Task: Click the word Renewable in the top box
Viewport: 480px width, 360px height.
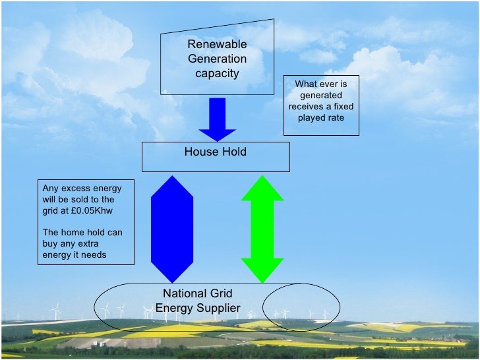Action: coord(217,44)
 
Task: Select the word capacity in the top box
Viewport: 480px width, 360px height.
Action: coord(217,73)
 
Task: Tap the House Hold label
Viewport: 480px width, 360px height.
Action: coord(216,152)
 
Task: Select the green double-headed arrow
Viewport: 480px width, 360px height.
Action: coord(262,229)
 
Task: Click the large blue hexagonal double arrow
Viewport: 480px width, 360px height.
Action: coord(172,229)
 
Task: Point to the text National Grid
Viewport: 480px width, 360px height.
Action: coord(198,293)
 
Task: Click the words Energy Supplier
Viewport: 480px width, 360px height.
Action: coord(198,308)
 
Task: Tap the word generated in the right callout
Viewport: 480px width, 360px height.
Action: coord(321,95)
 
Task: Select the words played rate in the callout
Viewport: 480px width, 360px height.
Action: coord(321,117)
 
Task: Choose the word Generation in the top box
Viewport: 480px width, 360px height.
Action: coord(217,59)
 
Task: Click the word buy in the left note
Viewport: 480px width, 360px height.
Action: coord(51,243)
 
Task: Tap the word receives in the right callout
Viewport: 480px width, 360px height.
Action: coord(306,106)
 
